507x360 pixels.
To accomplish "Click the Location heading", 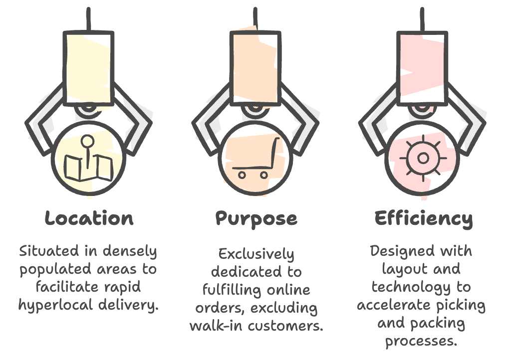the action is pyautogui.click(x=89, y=218).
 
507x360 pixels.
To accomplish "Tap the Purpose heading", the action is pyautogui.click(x=256, y=218).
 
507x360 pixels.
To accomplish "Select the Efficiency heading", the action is pyautogui.click(x=423, y=218).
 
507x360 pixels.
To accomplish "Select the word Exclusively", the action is pyautogui.click(x=256, y=254).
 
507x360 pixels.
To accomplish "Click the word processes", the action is pyautogui.click(x=422, y=342).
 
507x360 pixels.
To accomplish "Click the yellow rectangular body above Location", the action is pyautogui.click(x=89, y=67).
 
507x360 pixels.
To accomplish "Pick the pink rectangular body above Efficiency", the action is pyautogui.click(x=423, y=67).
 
